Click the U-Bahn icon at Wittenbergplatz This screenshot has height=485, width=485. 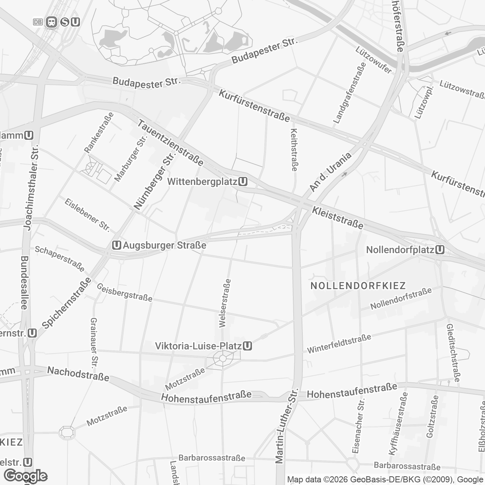coord(244,182)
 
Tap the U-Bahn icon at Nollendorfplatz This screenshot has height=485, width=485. coord(440,250)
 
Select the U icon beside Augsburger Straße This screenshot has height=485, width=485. coord(117,245)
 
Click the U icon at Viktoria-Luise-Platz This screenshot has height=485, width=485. coord(247,346)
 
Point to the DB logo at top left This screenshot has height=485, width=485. coord(38,22)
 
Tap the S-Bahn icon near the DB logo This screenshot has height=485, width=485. coord(65,22)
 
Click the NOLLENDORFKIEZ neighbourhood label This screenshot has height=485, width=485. coord(358,285)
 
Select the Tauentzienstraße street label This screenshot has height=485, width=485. coord(171,143)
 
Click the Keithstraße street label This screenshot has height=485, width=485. coord(294,149)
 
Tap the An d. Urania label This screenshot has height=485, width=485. coord(330,172)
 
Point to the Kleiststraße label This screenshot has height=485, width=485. coord(337,217)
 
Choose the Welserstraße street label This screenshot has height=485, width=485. coord(225,303)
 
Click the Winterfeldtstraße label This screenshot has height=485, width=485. coord(339,343)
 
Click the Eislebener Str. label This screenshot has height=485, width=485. coord(87,215)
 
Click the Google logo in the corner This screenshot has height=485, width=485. coord(25,476)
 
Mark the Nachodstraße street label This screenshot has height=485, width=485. coord(78,373)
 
